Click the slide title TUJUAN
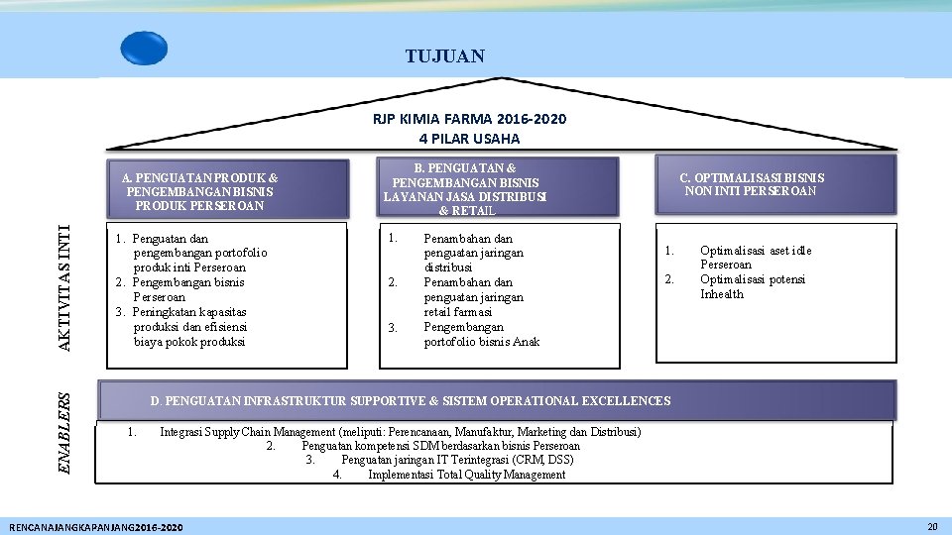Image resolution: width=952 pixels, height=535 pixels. coord(445,56)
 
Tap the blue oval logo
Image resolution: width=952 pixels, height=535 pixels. coord(144,48)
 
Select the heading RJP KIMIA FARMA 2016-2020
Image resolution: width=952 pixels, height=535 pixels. coord(469,119)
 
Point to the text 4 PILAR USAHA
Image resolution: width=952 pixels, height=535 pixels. coord(469,139)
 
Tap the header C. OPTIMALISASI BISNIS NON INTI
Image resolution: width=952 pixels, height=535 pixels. coord(751,184)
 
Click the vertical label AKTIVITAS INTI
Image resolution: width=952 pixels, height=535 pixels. coord(64,287)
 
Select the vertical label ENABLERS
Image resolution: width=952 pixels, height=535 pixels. coord(64,432)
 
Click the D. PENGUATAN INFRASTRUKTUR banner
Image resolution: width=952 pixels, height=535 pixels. coord(410,400)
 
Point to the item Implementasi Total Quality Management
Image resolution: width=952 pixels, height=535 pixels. coord(466,475)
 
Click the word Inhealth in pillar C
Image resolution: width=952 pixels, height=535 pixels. coord(721,294)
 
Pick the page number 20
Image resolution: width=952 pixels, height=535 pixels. coord(931,526)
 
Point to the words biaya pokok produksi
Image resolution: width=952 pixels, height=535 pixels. coord(188,342)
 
